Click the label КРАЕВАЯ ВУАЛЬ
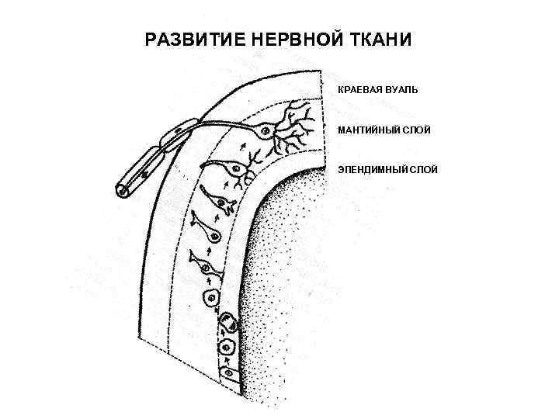pyautogui.click(x=377, y=90)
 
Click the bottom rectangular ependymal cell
pyautogui.click(x=231, y=376)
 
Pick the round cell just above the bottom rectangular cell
pyautogui.click(x=227, y=346)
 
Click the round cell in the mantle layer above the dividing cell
pyautogui.click(x=210, y=297)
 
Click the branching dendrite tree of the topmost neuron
pyautogui.click(x=299, y=124)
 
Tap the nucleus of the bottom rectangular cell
pyautogui.click(x=231, y=376)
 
